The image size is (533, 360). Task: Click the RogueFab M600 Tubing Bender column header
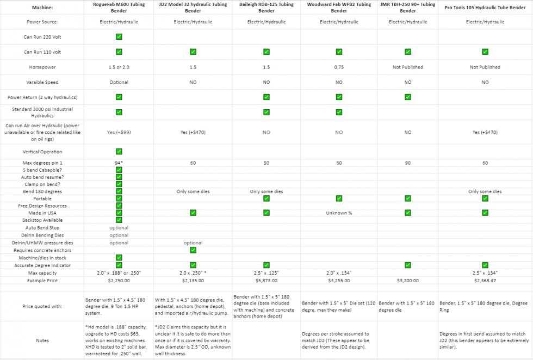(119, 7)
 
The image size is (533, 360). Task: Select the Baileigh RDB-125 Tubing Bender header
(266, 7)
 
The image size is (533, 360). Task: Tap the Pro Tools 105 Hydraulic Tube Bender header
(485, 7)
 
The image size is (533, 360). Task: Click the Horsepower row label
(42, 67)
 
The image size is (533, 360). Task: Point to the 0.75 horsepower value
(339, 67)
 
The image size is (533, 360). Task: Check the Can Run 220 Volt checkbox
(119, 36)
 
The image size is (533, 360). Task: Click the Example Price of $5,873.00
(266, 281)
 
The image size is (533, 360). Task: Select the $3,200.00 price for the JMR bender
(407, 281)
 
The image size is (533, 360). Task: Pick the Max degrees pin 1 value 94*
(119, 163)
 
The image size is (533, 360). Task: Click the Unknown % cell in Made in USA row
(339, 213)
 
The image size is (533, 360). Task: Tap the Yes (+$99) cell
(119, 132)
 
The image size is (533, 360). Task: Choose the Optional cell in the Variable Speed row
(119, 82)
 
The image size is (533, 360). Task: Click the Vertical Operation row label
(42, 152)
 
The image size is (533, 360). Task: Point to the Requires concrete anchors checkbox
(193, 250)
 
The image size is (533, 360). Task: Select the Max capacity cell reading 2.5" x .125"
(266, 272)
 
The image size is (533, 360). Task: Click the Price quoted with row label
(42, 306)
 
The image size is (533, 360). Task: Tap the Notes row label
(42, 340)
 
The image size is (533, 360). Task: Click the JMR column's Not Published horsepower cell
(407, 67)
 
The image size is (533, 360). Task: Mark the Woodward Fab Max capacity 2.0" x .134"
(339, 272)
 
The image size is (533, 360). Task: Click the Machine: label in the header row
(42, 7)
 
